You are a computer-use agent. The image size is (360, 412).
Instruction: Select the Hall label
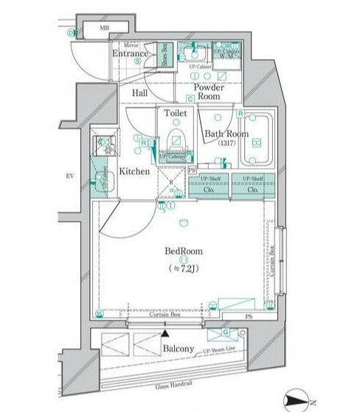pyautogui.click(x=139, y=94)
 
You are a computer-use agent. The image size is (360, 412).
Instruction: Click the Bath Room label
pyautogui.click(x=226, y=133)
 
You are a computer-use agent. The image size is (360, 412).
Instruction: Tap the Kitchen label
pyautogui.click(x=134, y=171)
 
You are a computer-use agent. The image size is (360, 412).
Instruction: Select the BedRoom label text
pyautogui.click(x=185, y=250)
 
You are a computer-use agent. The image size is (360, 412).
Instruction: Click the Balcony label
pyautogui.click(x=178, y=349)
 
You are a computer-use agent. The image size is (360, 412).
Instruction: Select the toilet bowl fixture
pyautogui.click(x=176, y=142)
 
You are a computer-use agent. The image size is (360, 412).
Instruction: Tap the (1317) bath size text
pyautogui.click(x=226, y=144)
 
